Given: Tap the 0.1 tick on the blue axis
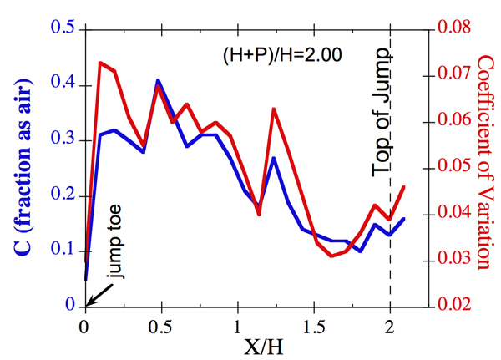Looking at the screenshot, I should [x=65, y=251].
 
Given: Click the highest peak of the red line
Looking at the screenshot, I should [x=100, y=63].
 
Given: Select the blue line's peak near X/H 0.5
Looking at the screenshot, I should [x=158, y=80].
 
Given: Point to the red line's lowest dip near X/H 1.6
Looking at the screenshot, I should [x=331, y=256].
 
